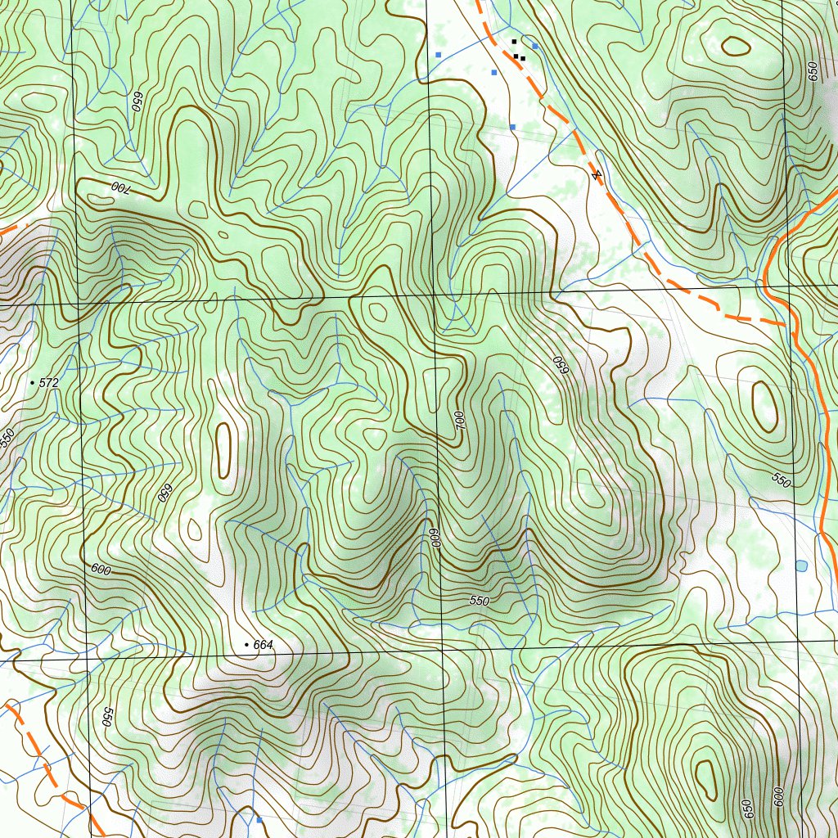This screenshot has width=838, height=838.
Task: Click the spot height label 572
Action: (x=49, y=382)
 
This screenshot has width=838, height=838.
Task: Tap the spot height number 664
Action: (x=263, y=645)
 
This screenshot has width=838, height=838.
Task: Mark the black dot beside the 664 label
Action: (x=247, y=646)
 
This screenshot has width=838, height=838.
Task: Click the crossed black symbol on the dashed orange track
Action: (x=597, y=174)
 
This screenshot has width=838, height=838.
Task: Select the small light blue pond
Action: (x=800, y=565)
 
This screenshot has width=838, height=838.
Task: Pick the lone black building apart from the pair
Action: (x=514, y=41)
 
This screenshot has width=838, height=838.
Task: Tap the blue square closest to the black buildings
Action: (x=534, y=47)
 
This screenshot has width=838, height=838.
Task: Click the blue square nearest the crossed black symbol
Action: (x=512, y=127)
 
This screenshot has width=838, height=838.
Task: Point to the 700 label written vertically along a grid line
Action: (x=459, y=421)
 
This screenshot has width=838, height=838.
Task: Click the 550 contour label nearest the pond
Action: (x=781, y=480)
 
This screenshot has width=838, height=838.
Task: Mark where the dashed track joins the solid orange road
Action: (x=794, y=325)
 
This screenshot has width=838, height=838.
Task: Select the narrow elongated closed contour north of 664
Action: (x=223, y=450)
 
